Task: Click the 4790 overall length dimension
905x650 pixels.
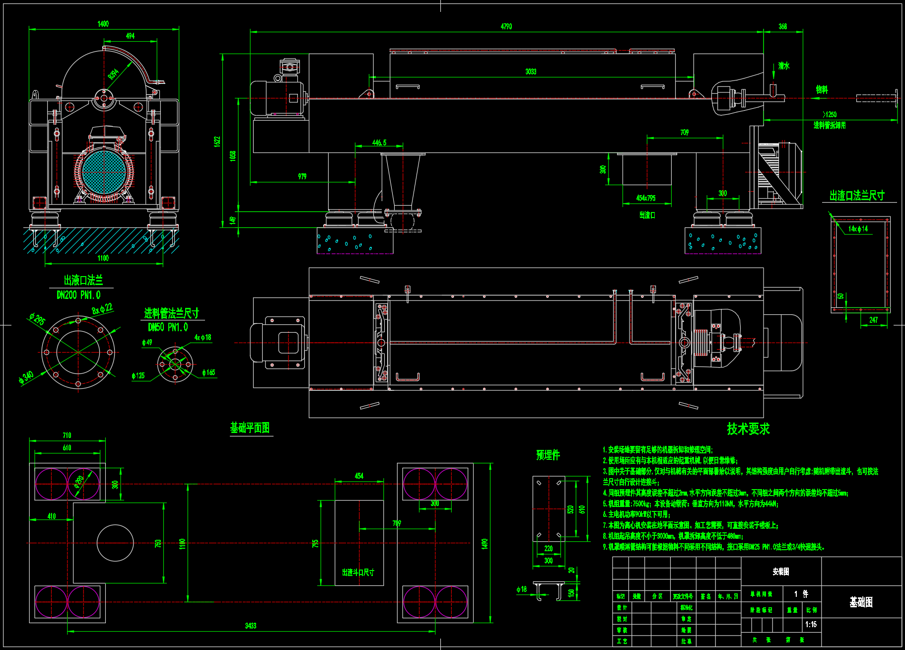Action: [506, 26]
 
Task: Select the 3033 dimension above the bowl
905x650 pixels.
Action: [531, 72]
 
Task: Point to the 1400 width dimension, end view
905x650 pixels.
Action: [103, 24]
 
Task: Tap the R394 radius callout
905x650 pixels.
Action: [114, 74]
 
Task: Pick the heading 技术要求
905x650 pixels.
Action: [748, 429]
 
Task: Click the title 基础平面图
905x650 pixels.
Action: [250, 428]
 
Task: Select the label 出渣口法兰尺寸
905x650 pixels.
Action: [857, 196]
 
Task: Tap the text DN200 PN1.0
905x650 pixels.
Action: [78, 295]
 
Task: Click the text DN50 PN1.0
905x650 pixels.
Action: [168, 327]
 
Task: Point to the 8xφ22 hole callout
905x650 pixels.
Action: [102, 309]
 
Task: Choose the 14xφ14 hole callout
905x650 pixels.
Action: [858, 228]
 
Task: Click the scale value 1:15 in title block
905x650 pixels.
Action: [811, 624]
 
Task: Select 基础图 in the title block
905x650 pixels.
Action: [861, 602]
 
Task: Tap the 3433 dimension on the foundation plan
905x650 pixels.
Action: [250, 626]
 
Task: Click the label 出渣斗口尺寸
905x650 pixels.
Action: [358, 573]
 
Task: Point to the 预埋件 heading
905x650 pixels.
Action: [548, 454]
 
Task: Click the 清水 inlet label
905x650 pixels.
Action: [783, 66]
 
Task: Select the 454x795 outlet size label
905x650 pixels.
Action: [645, 198]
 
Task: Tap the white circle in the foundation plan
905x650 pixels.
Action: [115, 543]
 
